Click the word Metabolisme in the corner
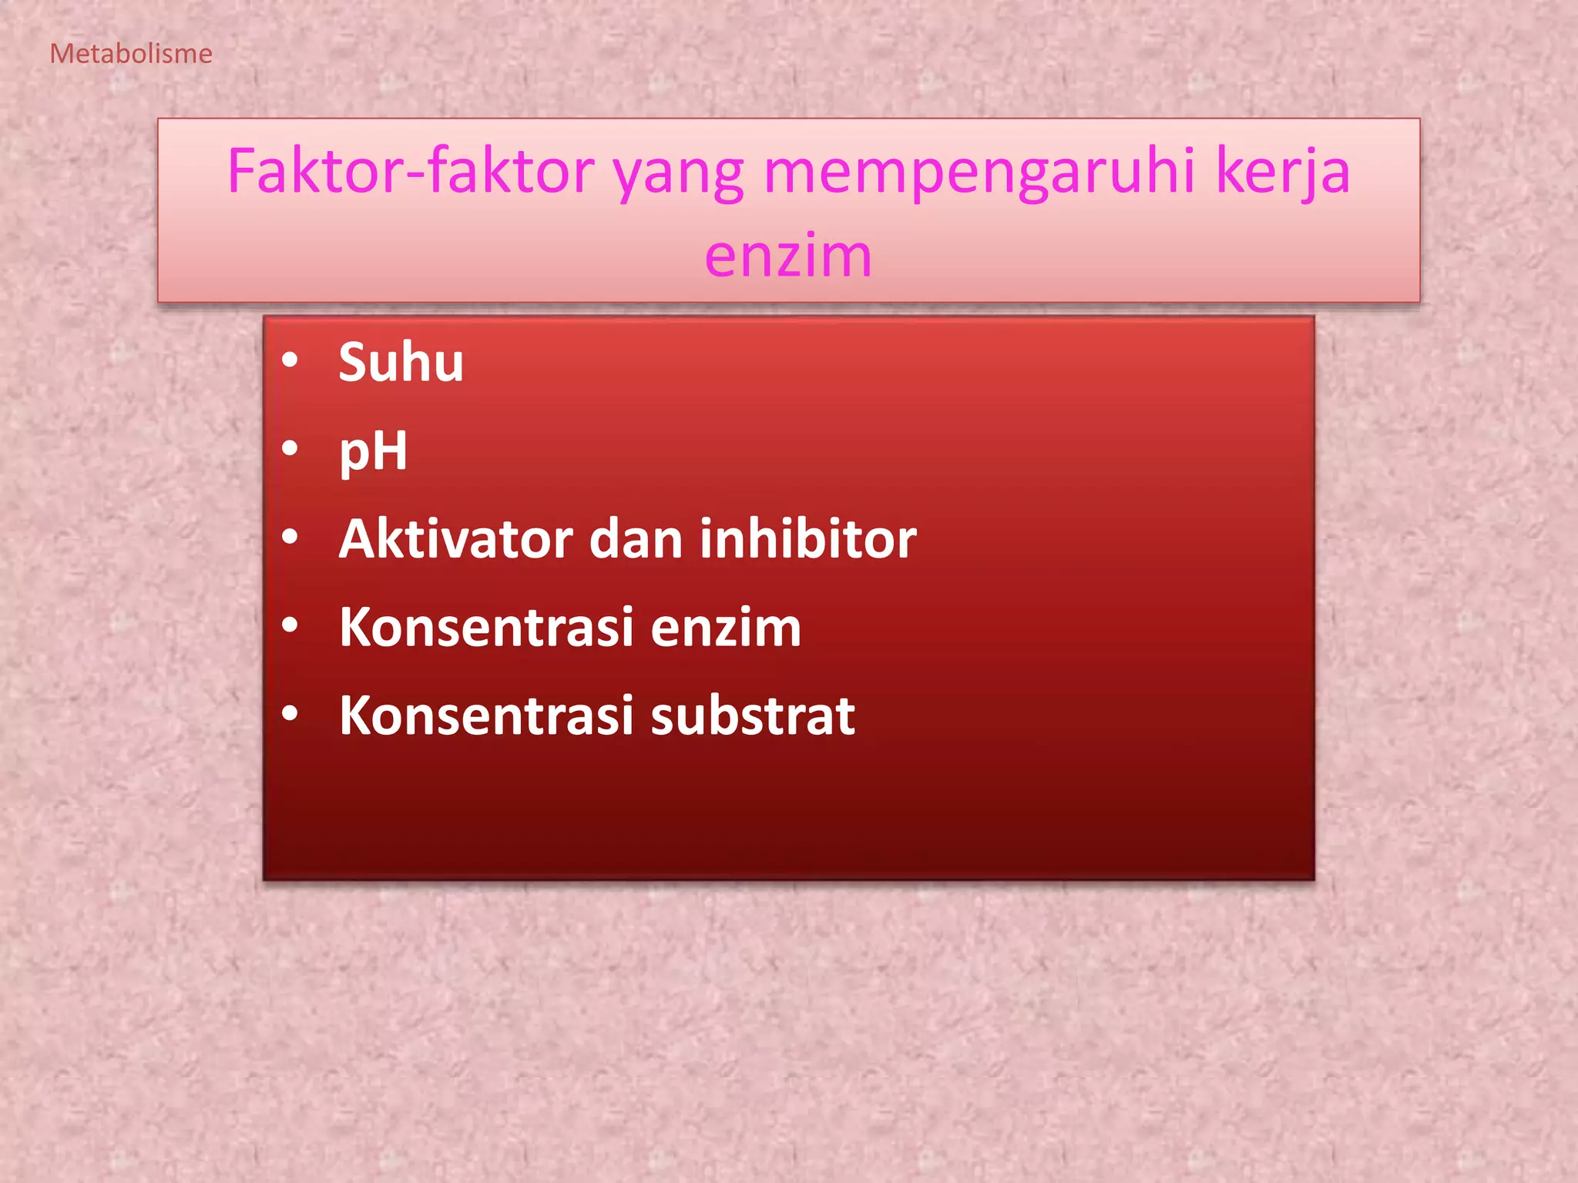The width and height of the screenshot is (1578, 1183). [131, 54]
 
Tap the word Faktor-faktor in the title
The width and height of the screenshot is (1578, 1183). [411, 171]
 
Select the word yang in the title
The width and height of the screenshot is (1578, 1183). [678, 173]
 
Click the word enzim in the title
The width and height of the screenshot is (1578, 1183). [788, 256]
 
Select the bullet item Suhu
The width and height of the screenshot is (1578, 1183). [401, 362]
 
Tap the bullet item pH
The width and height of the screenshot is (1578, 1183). [373, 451]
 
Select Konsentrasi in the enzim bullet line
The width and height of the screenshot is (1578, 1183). [486, 627]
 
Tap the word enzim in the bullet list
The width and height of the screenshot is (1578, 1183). [726, 627]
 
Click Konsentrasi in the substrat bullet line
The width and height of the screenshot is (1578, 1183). [486, 715]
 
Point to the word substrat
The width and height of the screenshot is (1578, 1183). [753, 715]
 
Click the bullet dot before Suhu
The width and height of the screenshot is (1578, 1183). [290, 360]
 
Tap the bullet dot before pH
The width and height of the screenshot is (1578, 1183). [290, 448]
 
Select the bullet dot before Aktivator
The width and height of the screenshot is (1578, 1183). [290, 537]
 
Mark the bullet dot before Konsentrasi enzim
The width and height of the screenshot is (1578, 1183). [290, 625]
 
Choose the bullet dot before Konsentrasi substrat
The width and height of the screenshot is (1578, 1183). [290, 714]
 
